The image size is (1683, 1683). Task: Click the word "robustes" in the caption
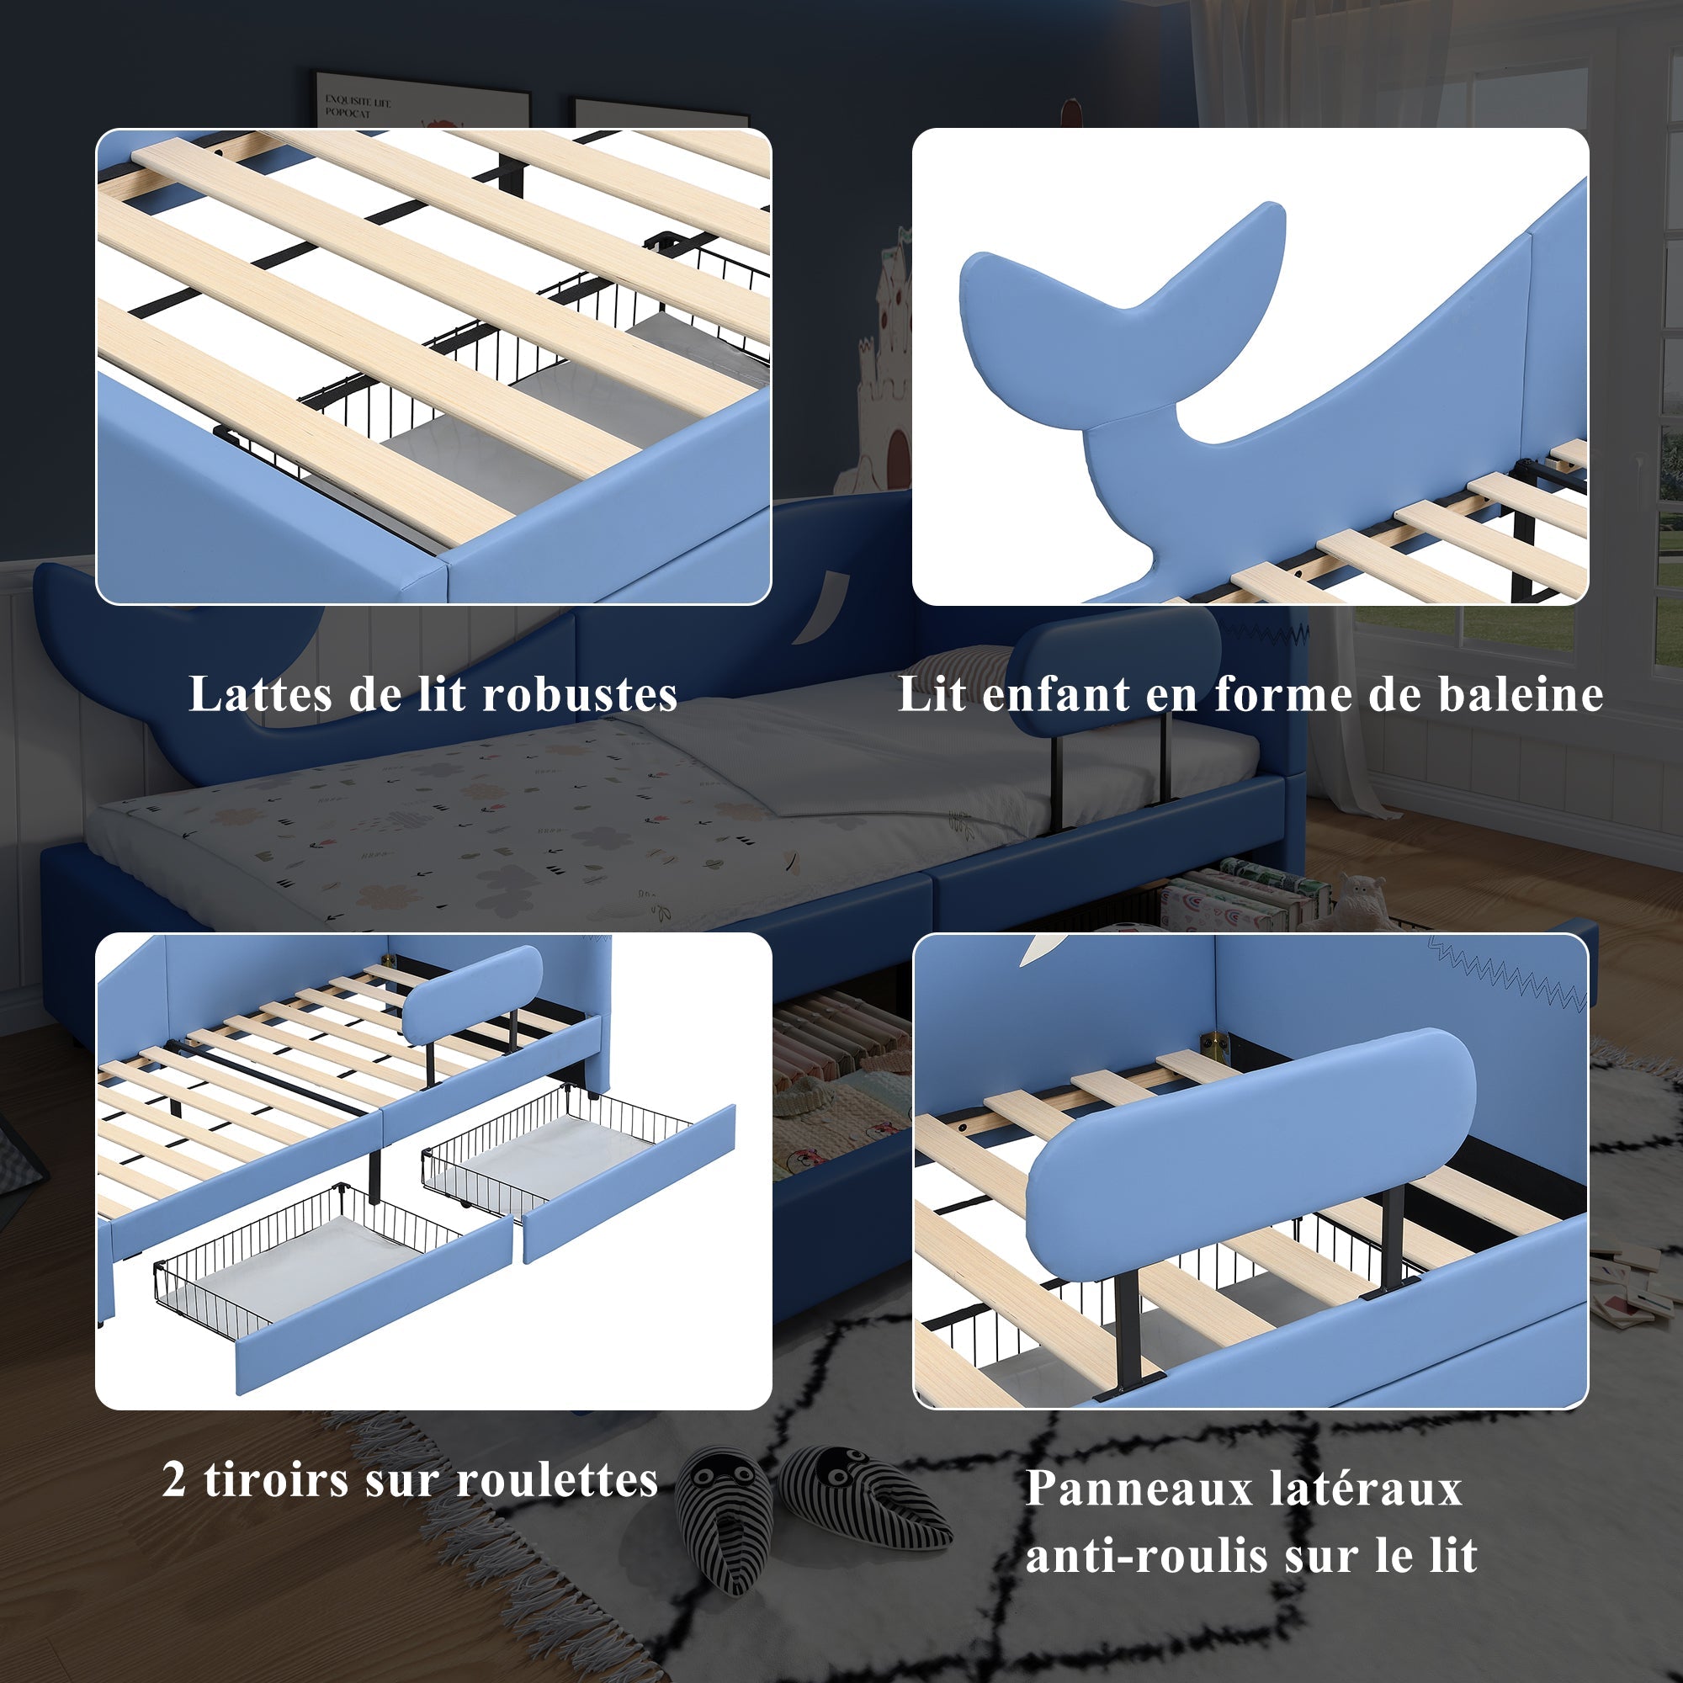pyautogui.click(x=579, y=694)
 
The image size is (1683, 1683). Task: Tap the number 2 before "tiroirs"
pyautogui.click(x=173, y=1480)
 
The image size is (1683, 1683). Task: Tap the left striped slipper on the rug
pyautogui.click(x=725, y=1516)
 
